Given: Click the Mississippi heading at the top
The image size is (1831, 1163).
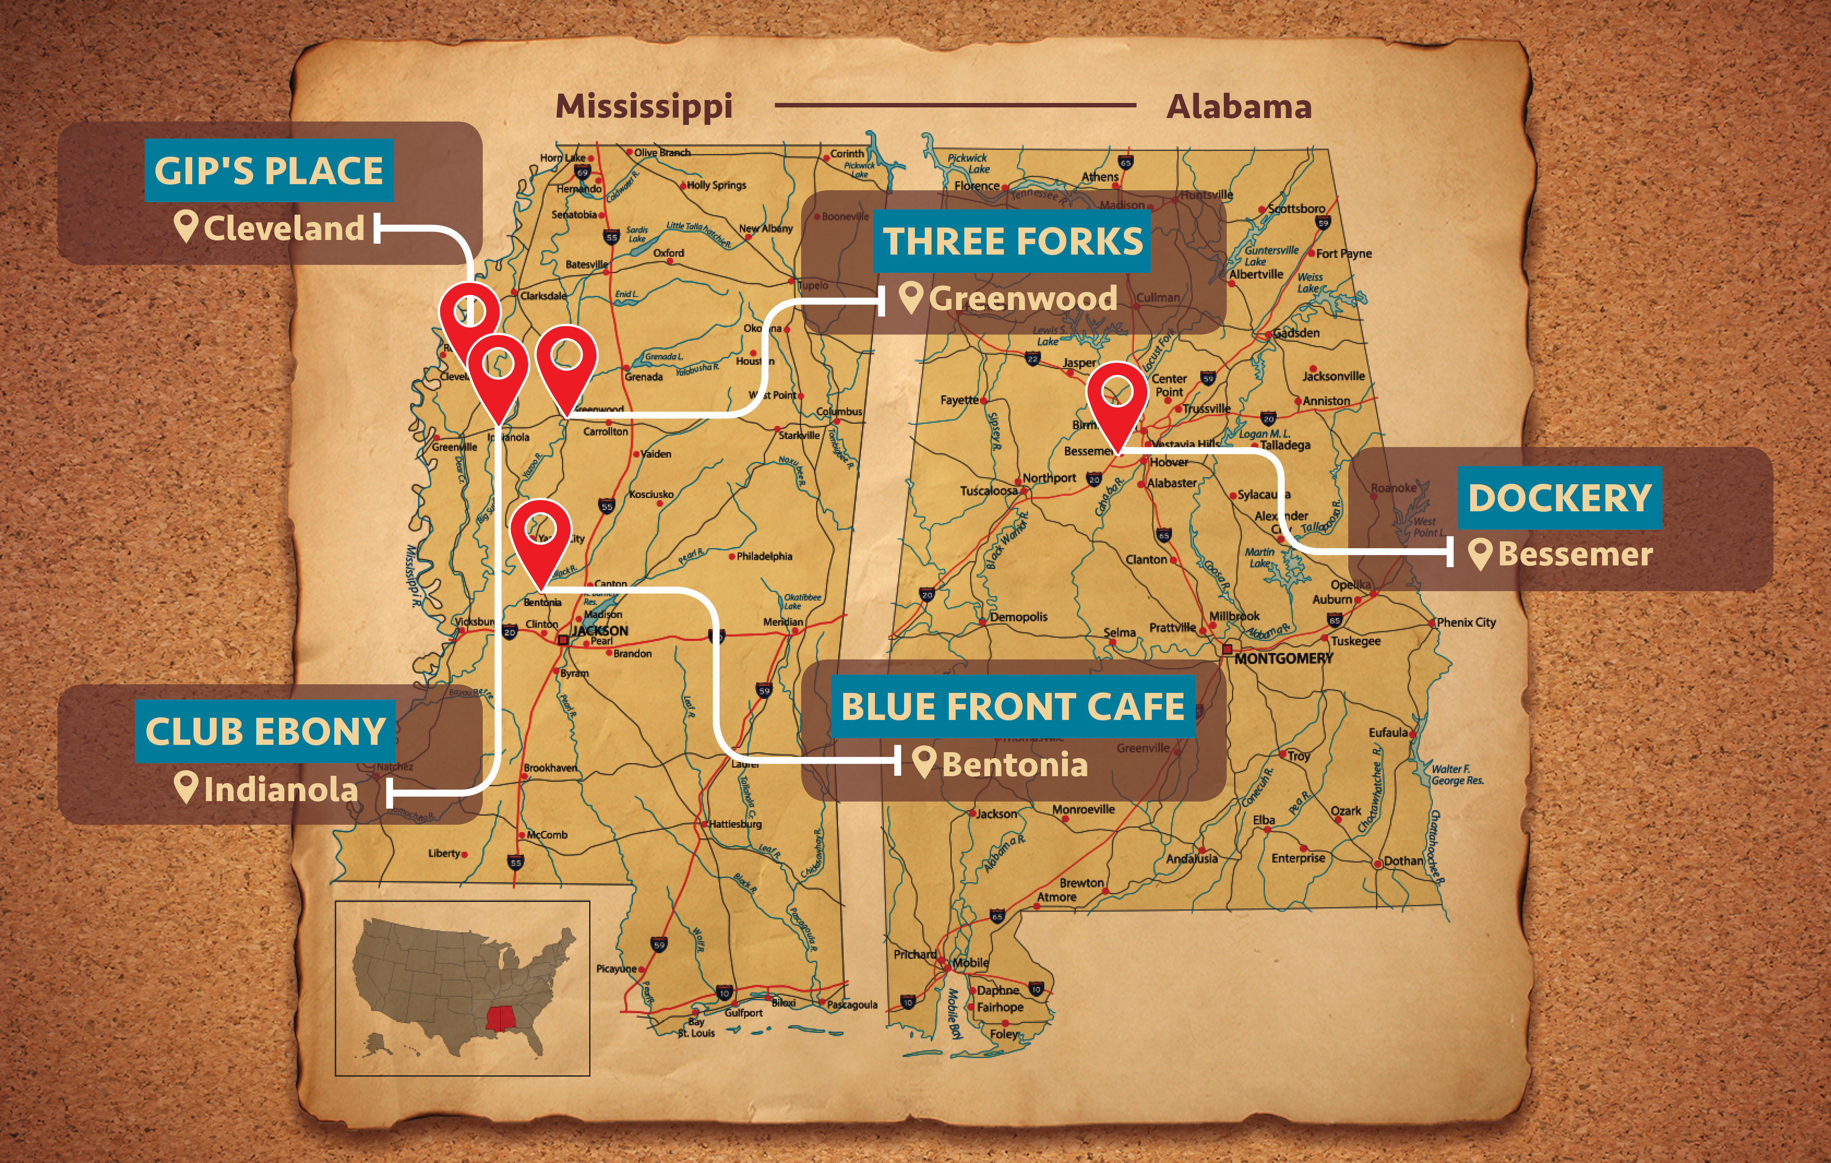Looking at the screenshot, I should (643, 106).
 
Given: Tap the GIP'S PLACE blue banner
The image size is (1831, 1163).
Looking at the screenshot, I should (269, 170).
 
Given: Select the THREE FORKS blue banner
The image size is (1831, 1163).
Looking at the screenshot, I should (1012, 241).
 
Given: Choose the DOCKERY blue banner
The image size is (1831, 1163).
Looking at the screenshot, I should (1559, 498).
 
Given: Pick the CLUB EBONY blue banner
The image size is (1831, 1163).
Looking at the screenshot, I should (265, 732).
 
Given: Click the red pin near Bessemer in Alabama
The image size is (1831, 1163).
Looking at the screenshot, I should (1116, 395).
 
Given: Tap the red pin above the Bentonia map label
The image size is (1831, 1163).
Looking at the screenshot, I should (540, 532).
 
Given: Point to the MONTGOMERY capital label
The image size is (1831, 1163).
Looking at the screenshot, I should (1283, 659).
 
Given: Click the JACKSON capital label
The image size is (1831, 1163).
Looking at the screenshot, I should (601, 631).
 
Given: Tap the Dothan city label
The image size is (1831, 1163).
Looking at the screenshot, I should (1403, 861).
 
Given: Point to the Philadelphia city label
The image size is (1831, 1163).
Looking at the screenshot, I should (764, 556).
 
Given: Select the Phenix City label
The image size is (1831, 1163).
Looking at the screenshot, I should (1466, 622).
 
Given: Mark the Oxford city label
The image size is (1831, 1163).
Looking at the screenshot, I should (669, 252).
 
